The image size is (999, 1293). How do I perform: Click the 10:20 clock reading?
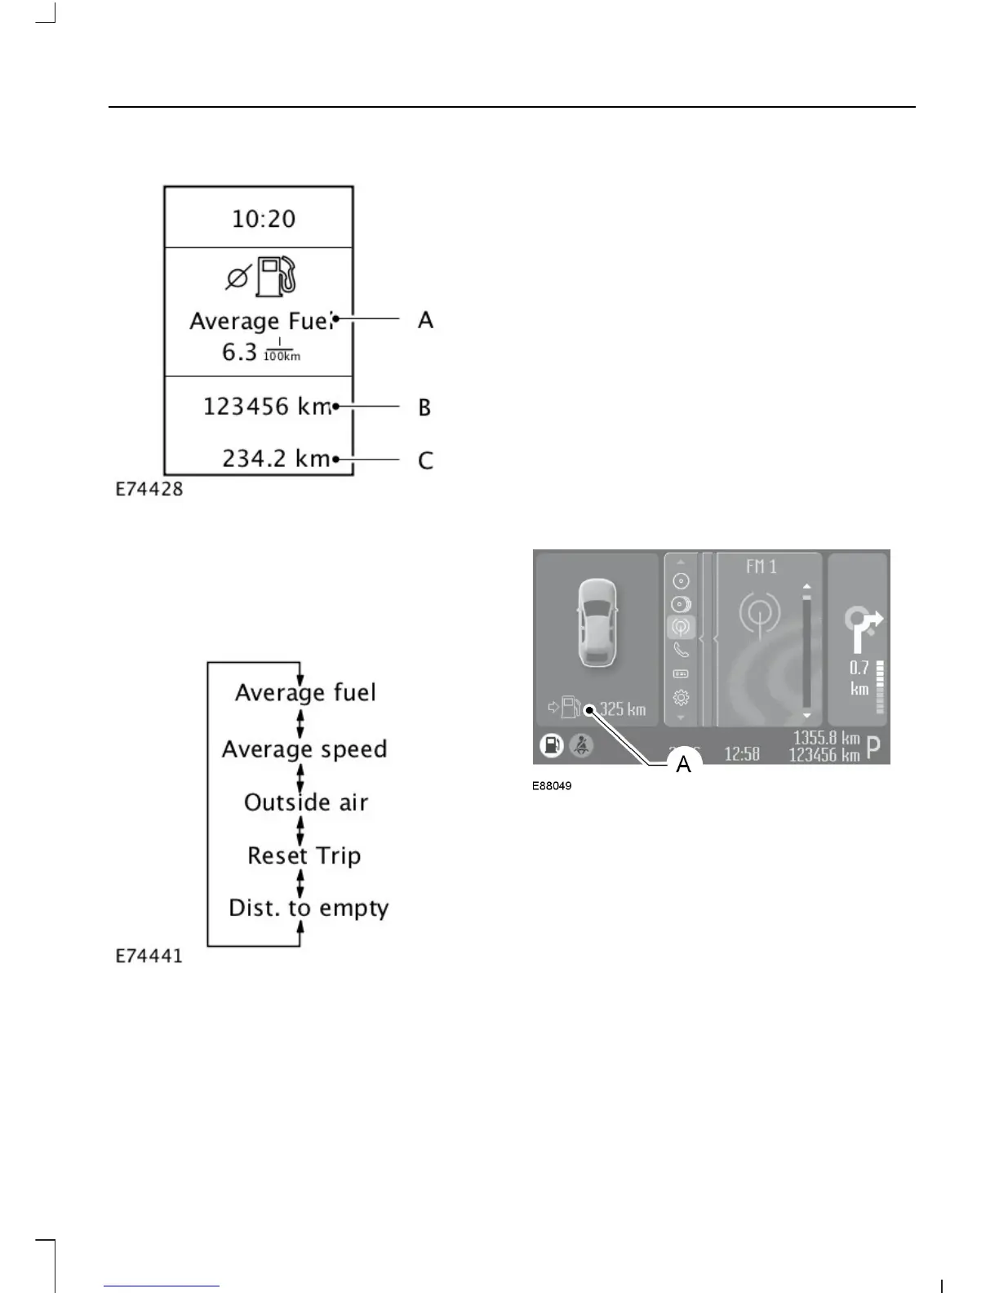tap(263, 219)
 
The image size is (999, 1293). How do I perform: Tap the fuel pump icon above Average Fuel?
tap(276, 277)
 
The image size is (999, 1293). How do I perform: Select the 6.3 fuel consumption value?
tap(239, 352)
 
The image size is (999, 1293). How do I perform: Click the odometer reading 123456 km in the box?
tap(267, 407)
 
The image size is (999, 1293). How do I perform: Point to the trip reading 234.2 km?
tap(276, 459)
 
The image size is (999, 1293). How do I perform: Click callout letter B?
tap(424, 407)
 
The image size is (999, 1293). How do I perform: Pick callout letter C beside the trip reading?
tap(425, 461)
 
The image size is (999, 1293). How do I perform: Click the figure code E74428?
tap(149, 490)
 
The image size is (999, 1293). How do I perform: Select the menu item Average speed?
tap(304, 749)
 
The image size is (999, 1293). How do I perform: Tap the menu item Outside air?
tap(306, 802)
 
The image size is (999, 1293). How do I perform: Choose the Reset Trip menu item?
tap(304, 855)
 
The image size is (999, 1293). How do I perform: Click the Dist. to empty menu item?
tap(309, 909)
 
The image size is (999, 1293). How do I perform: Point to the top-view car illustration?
tap(597, 623)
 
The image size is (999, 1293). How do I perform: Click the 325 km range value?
tap(622, 709)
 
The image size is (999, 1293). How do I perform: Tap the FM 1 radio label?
tap(761, 567)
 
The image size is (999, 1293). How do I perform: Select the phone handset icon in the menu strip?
tap(681, 651)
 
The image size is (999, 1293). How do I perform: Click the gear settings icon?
tap(681, 698)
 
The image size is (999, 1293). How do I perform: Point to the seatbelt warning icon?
tap(581, 745)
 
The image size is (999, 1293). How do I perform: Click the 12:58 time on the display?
tap(741, 753)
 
